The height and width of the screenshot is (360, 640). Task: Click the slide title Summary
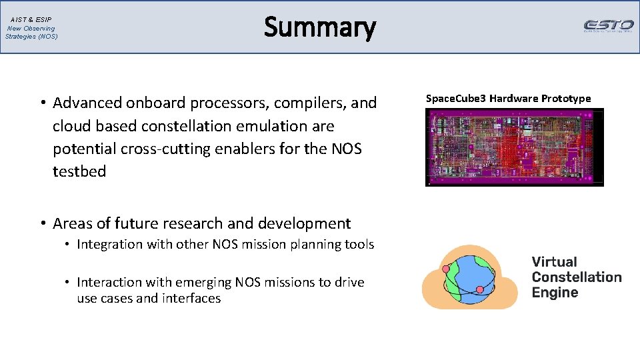point(320,28)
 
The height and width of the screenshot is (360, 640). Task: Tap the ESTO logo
point(608,26)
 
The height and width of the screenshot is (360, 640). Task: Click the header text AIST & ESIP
point(31,20)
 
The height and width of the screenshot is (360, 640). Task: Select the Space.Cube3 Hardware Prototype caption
point(508,99)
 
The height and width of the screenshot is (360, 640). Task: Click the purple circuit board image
point(514,147)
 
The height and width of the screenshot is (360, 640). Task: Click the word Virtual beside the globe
point(554,262)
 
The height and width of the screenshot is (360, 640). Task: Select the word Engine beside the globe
point(555,293)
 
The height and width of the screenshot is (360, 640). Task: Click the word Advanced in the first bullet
point(87,103)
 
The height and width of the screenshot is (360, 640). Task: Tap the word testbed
point(79,171)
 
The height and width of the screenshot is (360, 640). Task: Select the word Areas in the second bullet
point(71,223)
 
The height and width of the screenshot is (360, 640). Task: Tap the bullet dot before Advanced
point(41,103)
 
